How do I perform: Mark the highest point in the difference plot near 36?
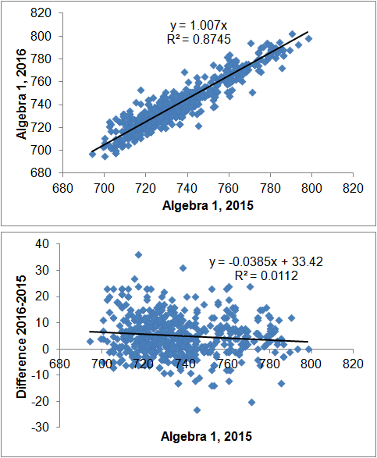coord(138,254)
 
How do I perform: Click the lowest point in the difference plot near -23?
coord(197,410)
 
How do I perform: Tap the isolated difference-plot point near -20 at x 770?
coord(251,402)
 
